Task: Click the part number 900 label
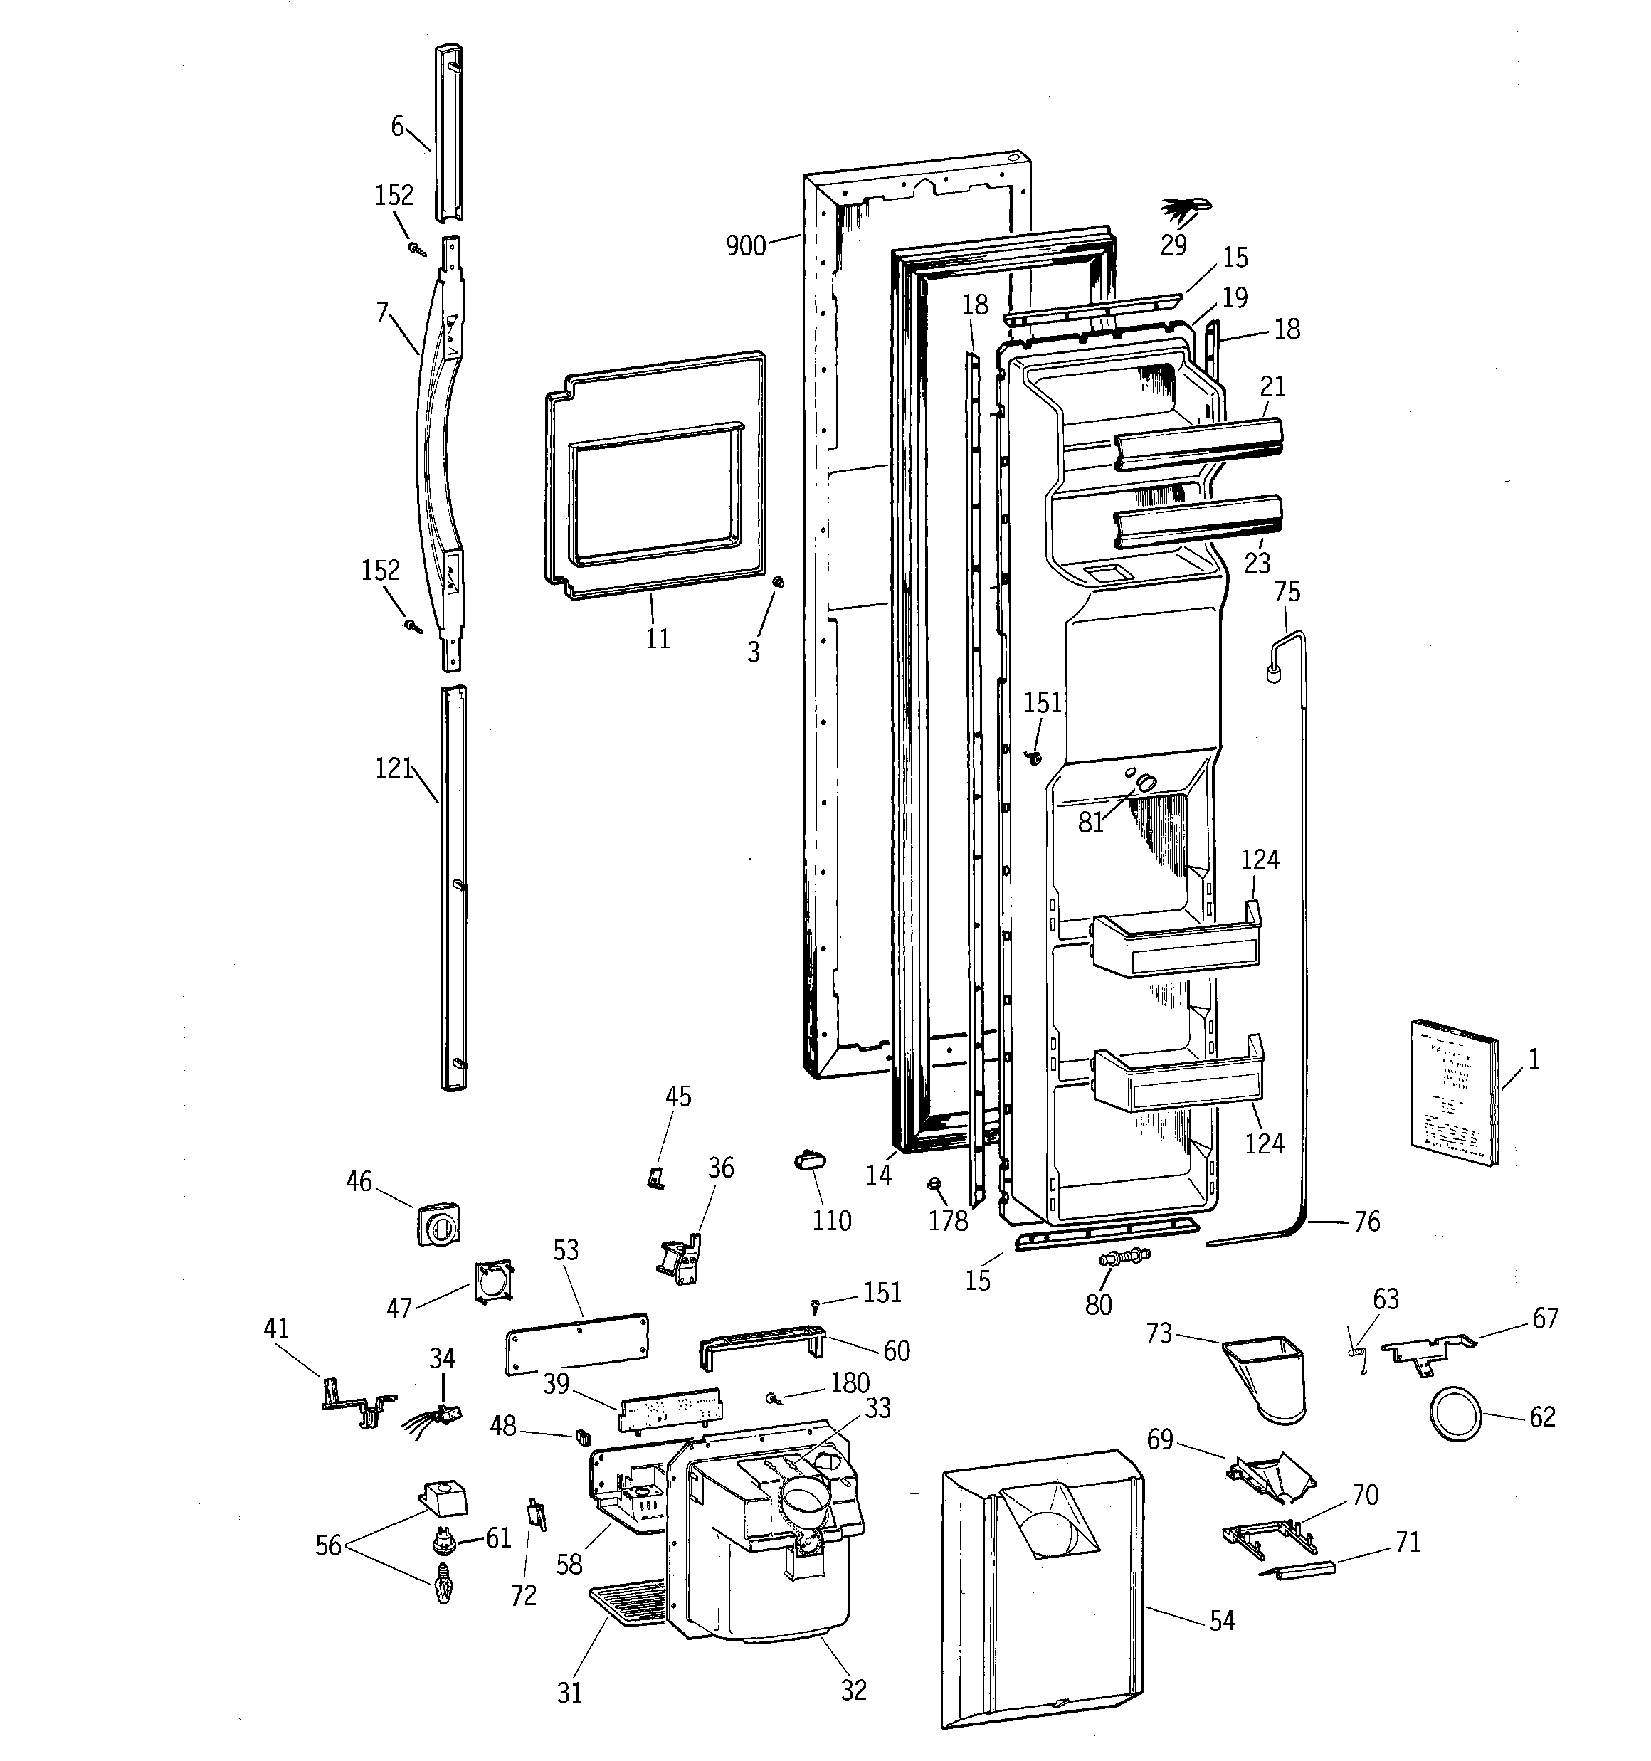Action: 745,245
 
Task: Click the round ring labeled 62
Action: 1455,1417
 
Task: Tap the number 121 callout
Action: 394,768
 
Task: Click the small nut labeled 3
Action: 778,582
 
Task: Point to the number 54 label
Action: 1222,1621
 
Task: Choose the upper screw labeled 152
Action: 416,250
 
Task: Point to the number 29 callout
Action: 1173,245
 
